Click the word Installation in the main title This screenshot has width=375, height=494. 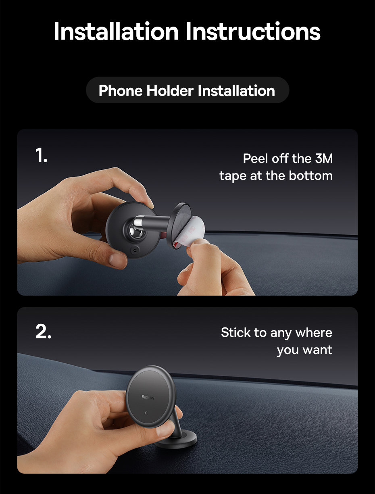click(x=116, y=31)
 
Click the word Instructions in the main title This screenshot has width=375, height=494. click(x=253, y=31)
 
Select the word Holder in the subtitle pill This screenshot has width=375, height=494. click(x=170, y=91)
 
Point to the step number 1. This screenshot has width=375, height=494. click(x=42, y=155)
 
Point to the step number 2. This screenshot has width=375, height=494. click(x=44, y=331)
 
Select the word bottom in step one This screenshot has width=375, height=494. click(x=310, y=175)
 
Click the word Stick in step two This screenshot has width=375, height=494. click(x=235, y=332)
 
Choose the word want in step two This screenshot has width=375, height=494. click(x=317, y=350)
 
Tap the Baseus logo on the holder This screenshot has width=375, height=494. click(x=148, y=397)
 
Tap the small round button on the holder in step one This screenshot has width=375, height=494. click(x=135, y=250)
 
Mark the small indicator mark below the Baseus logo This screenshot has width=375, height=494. click(x=146, y=413)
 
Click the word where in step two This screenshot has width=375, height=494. click(x=314, y=332)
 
